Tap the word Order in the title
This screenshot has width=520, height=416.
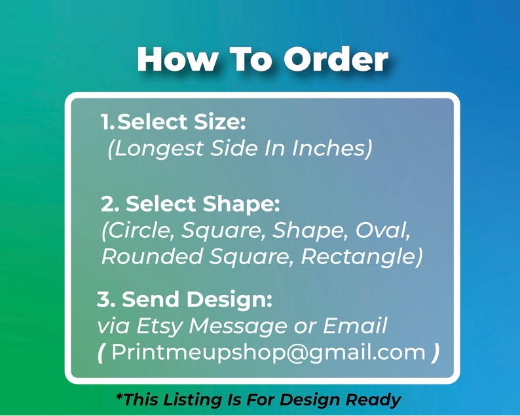(x=335, y=59)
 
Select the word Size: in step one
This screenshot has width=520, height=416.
(x=220, y=122)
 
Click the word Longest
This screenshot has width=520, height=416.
(x=155, y=148)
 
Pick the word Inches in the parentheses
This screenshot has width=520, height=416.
(x=331, y=148)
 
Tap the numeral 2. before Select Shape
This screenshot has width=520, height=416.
(x=110, y=204)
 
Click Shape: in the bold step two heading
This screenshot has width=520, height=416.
(x=241, y=204)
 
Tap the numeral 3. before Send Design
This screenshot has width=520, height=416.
(x=106, y=299)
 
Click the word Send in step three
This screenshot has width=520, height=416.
(x=151, y=299)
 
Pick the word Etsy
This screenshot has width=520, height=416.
(x=160, y=326)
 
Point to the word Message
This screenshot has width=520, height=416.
(x=238, y=326)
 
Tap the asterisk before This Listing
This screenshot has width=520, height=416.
(x=120, y=396)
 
